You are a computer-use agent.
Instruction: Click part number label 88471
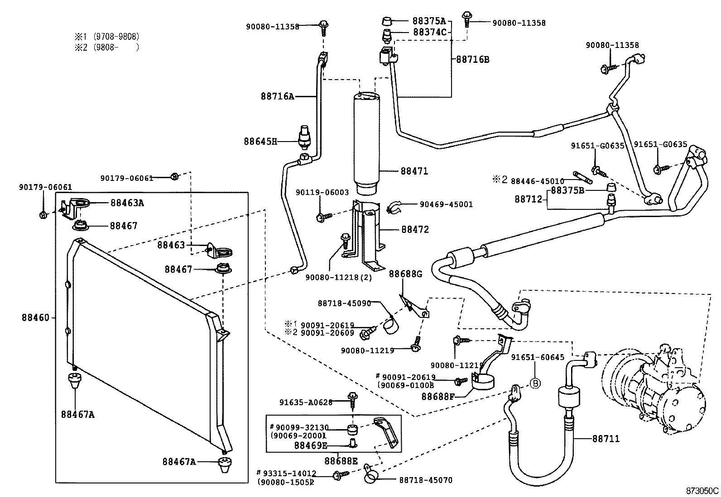pyautogui.click(x=414, y=171)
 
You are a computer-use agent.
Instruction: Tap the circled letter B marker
pyautogui.click(x=535, y=383)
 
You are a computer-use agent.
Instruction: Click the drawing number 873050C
pyautogui.click(x=702, y=491)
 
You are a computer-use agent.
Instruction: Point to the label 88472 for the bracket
pyautogui.click(x=414, y=230)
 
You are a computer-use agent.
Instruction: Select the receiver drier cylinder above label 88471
pyautogui.click(x=366, y=140)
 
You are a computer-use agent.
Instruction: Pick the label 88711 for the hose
pyautogui.click(x=606, y=439)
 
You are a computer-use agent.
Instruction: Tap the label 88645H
pyautogui.click(x=260, y=142)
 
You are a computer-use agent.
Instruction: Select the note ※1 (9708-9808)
pyautogui.click(x=107, y=37)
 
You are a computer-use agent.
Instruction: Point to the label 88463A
pyautogui.click(x=127, y=203)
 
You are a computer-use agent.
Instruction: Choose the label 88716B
pyautogui.click(x=472, y=60)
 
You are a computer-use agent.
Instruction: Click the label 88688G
pyautogui.click(x=405, y=274)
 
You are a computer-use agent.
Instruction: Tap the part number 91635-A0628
pyautogui.click(x=306, y=402)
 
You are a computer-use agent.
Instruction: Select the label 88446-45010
pyautogui.click(x=537, y=181)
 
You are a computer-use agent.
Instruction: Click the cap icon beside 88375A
pyautogui.click(x=386, y=21)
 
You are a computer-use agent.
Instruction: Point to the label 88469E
pyautogui.click(x=310, y=445)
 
